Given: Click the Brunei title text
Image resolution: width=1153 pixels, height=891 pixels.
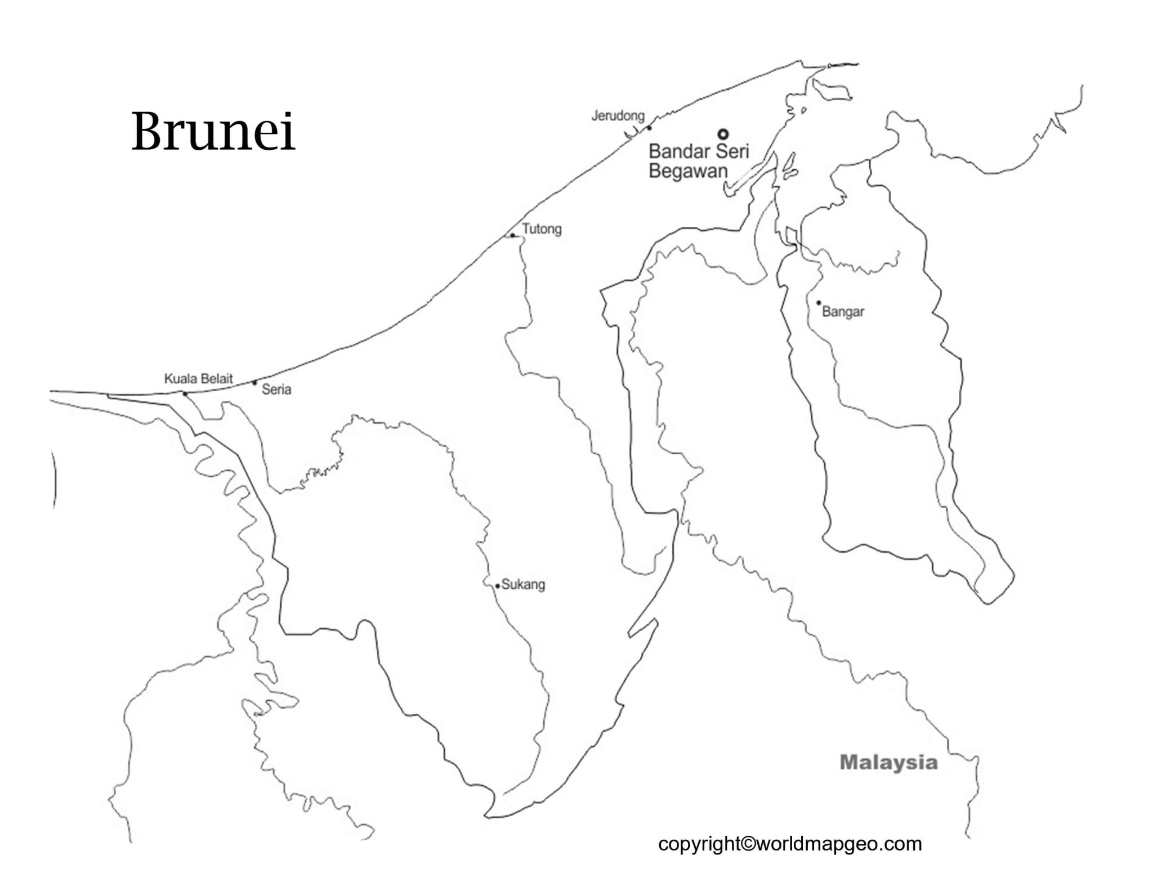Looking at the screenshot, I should (x=213, y=132).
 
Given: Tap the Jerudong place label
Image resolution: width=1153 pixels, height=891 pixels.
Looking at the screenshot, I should (x=618, y=116).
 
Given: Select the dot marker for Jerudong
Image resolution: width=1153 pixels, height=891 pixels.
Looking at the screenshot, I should (x=649, y=128).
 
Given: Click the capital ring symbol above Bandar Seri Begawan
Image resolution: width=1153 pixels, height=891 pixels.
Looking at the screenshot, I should (x=723, y=134).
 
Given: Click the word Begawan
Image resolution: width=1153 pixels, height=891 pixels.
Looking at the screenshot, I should (x=688, y=171).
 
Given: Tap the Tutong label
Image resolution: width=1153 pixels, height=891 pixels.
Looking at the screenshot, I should (x=542, y=229).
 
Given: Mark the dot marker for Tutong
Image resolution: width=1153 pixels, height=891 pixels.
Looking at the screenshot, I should (x=512, y=236).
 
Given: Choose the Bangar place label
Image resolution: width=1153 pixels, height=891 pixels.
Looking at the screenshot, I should (x=843, y=312).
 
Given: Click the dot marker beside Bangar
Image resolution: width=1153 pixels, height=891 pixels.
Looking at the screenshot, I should (x=819, y=303).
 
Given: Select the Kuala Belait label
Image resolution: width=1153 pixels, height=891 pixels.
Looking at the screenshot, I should (x=198, y=379).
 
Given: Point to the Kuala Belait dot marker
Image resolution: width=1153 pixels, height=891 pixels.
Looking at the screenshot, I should (x=185, y=393).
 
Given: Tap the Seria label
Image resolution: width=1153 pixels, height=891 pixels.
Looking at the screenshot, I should (x=276, y=389).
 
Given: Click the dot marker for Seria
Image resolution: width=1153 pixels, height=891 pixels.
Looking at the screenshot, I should (x=254, y=383).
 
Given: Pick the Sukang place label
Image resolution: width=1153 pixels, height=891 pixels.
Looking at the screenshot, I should (x=523, y=584).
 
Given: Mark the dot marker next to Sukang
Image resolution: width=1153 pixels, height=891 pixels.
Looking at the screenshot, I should (x=498, y=586).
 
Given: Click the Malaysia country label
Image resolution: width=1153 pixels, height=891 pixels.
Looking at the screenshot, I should (x=888, y=763).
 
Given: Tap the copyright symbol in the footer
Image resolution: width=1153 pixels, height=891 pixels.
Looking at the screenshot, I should (x=749, y=844).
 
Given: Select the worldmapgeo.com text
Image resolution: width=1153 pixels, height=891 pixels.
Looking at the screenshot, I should (x=839, y=844).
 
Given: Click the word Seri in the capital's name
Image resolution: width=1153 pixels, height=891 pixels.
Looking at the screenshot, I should (x=732, y=151).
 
